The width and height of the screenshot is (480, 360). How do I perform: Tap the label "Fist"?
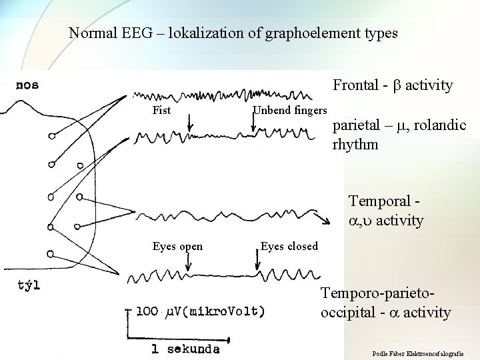[x=161, y=110]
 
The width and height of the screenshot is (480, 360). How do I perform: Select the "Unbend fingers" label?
[x=290, y=110]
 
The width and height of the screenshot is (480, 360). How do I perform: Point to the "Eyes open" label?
[x=177, y=247]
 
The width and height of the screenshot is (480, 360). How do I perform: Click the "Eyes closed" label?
[x=289, y=247]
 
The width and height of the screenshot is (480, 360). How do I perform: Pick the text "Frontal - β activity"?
[x=393, y=85]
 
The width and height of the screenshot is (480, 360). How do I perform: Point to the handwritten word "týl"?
[x=29, y=285]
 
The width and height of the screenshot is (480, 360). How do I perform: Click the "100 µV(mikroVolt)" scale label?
[x=200, y=311]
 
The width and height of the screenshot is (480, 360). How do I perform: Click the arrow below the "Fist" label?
[x=191, y=122]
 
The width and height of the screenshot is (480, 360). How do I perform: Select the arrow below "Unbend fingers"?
[x=256, y=122]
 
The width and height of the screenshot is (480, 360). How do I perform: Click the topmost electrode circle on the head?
[x=52, y=136]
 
